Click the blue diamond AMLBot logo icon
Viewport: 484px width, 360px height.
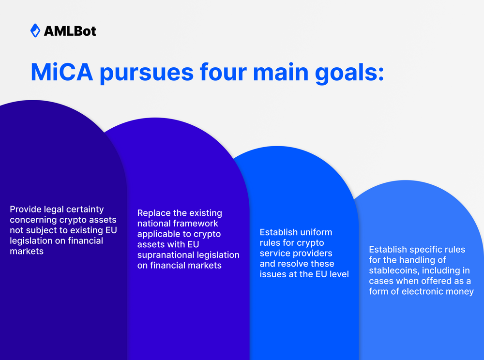tap(35, 31)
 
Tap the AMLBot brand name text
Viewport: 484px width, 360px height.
tap(70, 31)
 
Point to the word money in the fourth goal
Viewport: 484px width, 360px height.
tap(461, 292)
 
